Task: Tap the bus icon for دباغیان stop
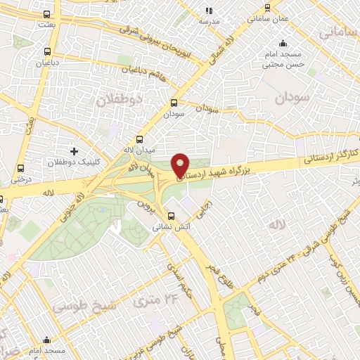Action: [x=47, y=51]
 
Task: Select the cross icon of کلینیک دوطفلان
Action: [x=74, y=152]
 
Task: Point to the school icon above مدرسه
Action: [x=208, y=11]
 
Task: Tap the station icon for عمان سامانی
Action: [x=267, y=8]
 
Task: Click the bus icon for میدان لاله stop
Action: [x=139, y=139]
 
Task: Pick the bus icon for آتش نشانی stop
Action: [x=171, y=216]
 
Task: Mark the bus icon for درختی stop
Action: [x=20, y=169]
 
